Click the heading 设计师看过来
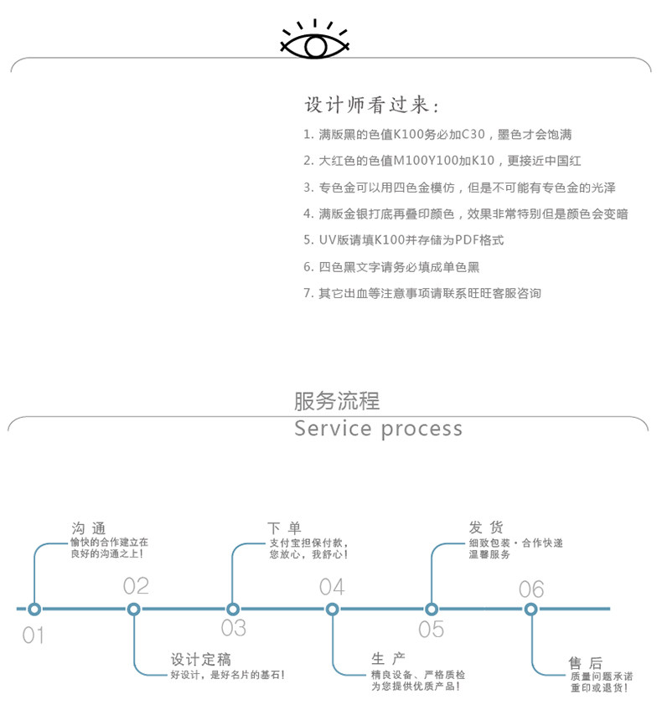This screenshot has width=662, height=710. point(371,105)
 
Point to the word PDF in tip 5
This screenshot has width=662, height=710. point(467,240)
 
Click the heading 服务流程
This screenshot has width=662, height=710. point(337,400)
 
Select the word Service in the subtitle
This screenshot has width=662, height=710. point(333,429)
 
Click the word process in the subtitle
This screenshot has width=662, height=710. point(421,430)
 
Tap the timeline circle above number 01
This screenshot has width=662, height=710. point(34,609)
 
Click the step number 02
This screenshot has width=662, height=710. point(136,585)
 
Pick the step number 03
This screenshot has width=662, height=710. point(234,628)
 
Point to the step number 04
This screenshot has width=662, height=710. point(332,586)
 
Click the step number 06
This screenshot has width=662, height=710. point(531,589)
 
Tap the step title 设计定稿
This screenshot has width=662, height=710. point(200,658)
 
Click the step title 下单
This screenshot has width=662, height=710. point(284,527)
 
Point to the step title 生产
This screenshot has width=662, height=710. point(389,658)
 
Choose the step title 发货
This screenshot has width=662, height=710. point(485,527)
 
